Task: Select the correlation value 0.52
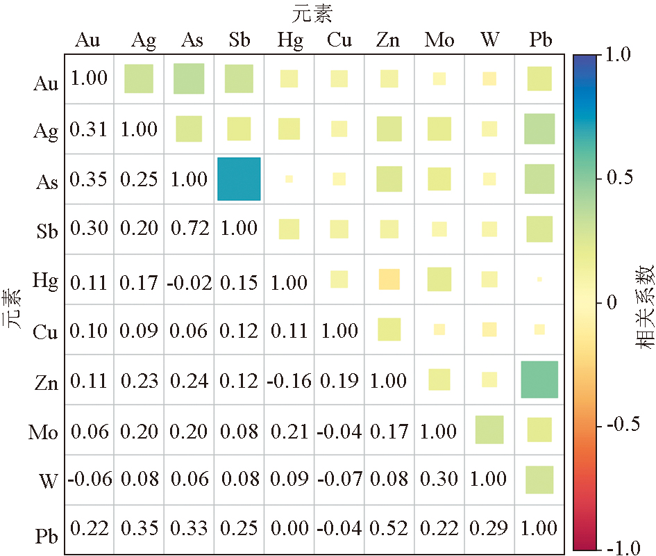(389, 529)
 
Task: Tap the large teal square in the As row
(239, 179)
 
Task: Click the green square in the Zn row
(539, 379)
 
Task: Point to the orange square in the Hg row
(389, 279)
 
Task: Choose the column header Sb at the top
(239, 41)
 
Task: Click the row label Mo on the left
(43, 433)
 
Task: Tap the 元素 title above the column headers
(312, 13)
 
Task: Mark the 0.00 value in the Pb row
(289, 529)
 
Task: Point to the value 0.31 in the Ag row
(90, 129)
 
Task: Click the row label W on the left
(48, 481)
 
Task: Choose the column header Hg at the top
(289, 41)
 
